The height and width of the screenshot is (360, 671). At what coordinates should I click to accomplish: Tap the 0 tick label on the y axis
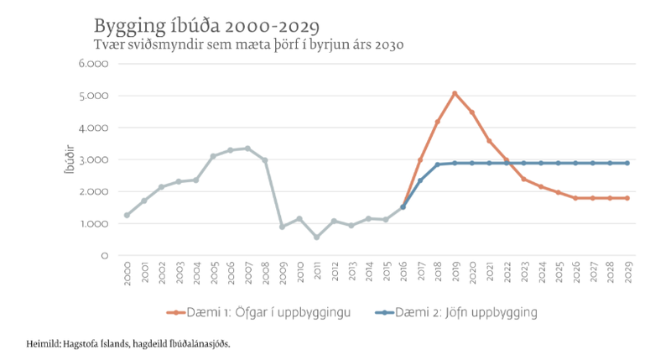pos(103,255)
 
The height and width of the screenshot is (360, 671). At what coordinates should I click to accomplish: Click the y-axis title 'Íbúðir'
pos(70,160)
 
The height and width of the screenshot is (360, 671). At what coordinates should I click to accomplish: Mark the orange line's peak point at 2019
pos(455,93)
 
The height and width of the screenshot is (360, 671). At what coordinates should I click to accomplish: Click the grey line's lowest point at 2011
pos(316,237)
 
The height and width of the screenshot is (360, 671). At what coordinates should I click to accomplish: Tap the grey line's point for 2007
pos(247,149)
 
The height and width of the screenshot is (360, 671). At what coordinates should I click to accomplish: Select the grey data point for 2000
pos(127,216)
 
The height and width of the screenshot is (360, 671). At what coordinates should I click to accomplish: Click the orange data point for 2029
pos(627,198)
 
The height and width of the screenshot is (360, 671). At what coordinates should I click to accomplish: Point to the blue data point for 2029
pos(627,163)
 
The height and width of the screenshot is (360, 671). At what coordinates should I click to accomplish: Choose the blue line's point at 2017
pos(420,180)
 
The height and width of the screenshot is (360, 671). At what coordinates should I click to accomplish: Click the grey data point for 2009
pos(282,227)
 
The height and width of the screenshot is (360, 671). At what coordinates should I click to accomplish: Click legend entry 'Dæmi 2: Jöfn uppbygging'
pos(460,312)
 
